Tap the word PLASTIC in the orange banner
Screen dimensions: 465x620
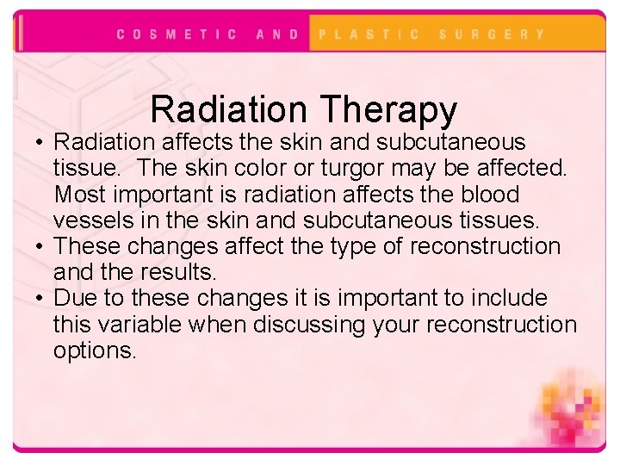369,34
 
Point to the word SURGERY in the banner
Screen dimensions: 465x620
492,34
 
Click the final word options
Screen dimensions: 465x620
95,351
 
